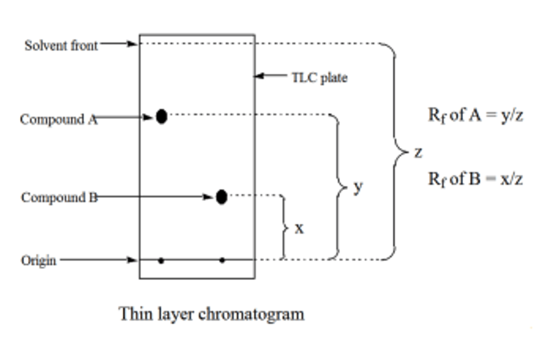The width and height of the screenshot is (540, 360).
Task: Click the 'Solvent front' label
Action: [x=61, y=45]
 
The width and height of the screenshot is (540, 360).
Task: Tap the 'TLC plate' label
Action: [x=319, y=78]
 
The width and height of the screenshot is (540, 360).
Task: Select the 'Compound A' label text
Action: [x=58, y=119]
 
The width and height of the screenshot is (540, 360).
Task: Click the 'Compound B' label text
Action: [x=59, y=197]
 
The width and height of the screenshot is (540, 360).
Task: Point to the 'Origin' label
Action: [x=39, y=260]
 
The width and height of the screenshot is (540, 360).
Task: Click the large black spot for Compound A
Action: [x=161, y=116]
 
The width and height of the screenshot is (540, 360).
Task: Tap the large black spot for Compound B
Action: [x=222, y=196]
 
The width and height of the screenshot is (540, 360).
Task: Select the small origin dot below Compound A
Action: [x=161, y=260]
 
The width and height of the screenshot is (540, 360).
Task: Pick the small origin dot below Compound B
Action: [x=222, y=260]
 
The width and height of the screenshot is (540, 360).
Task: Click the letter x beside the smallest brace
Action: [x=299, y=228]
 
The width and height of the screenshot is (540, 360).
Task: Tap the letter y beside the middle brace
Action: [x=358, y=186]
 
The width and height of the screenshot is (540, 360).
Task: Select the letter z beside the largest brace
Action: [x=418, y=152]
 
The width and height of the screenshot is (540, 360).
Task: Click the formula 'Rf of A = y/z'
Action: [x=475, y=115]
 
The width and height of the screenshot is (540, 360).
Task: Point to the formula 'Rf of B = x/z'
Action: [x=475, y=179]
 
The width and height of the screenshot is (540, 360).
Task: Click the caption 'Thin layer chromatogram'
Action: [x=211, y=314]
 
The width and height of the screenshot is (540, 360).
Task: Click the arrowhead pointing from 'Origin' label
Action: [x=133, y=259]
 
